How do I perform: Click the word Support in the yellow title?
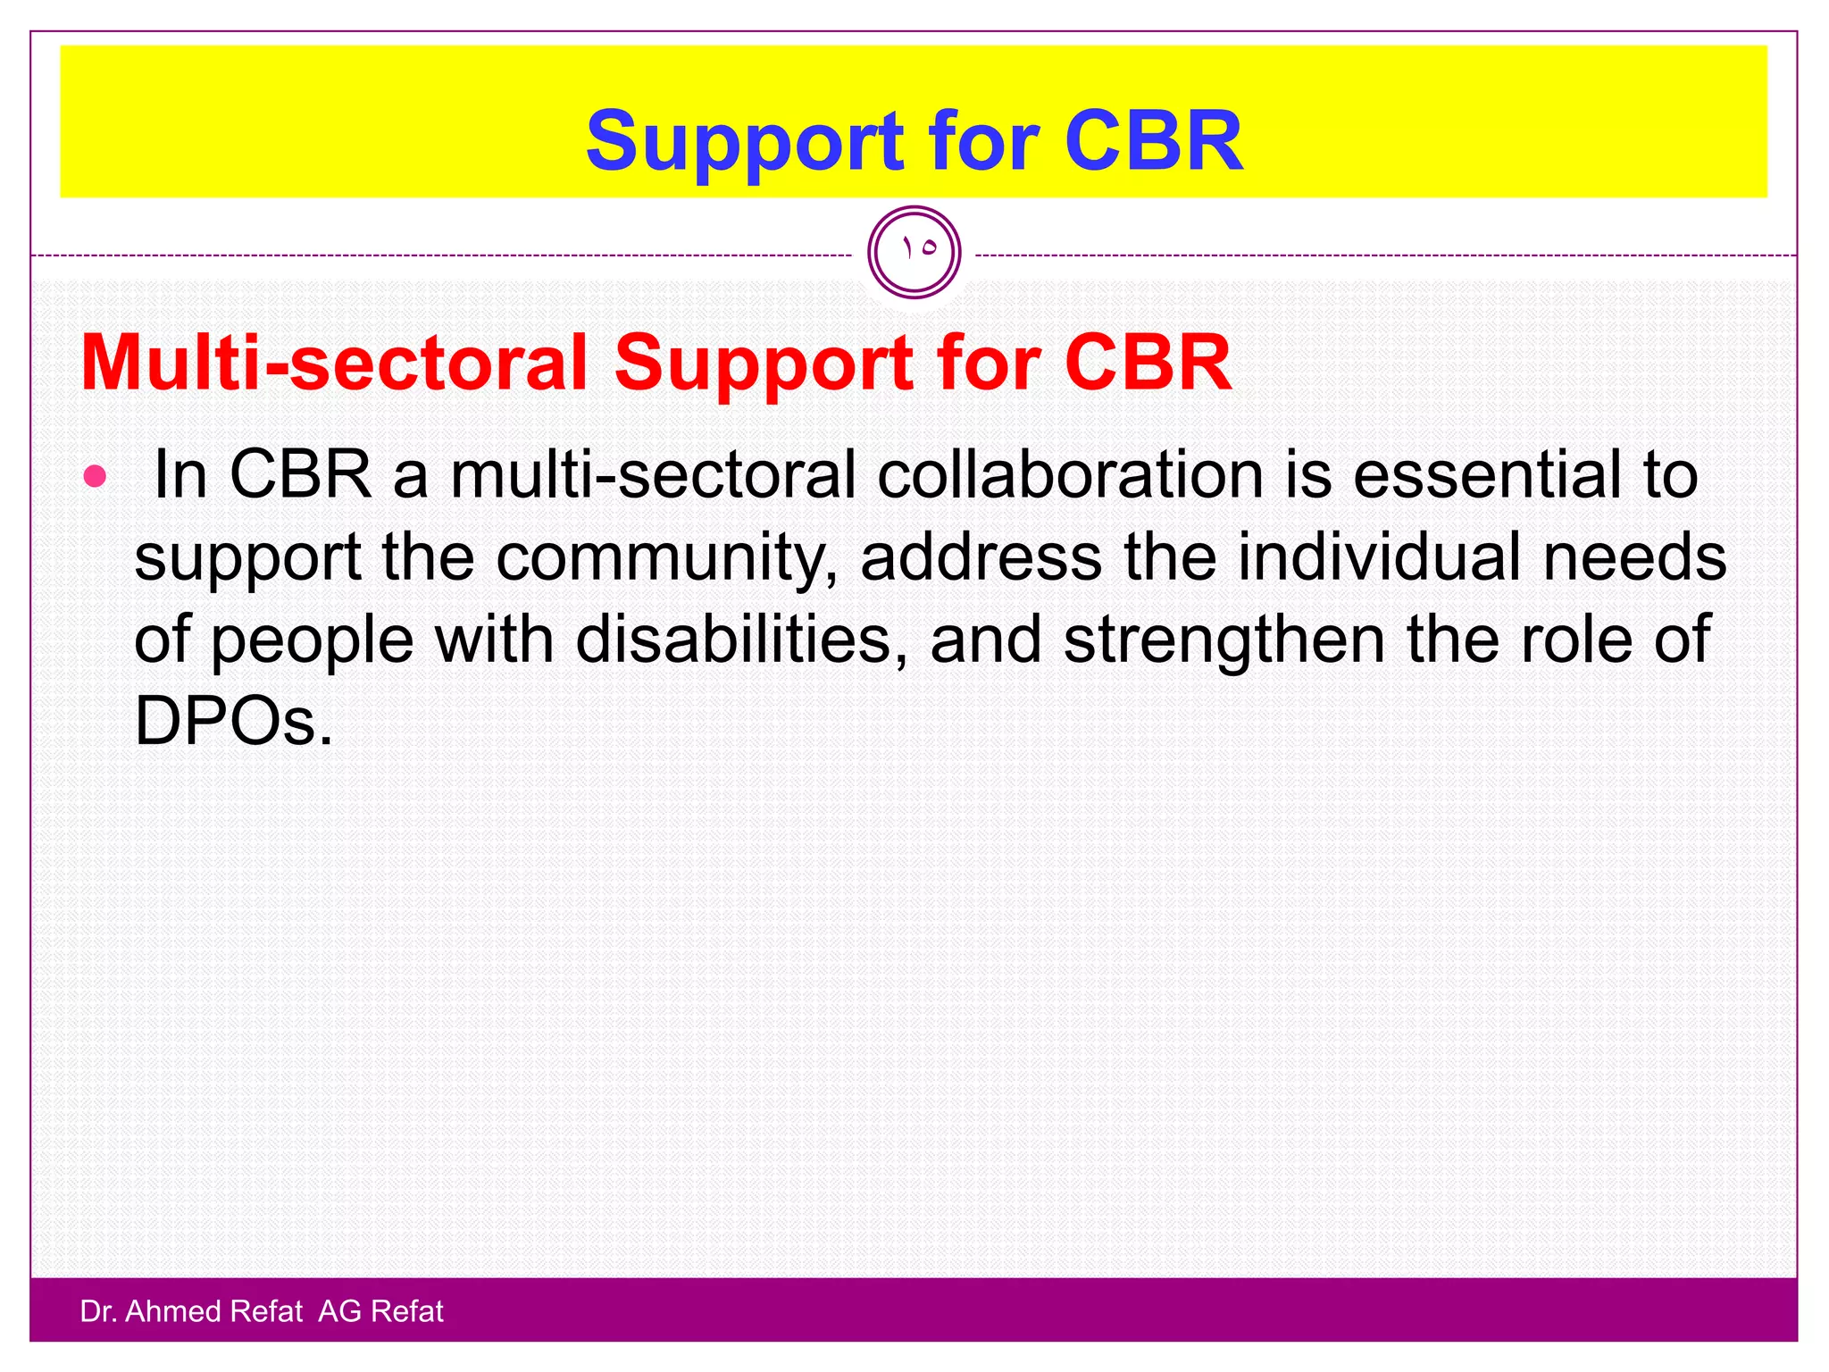coord(745,143)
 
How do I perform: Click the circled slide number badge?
coord(914,252)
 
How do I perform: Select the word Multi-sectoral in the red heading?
coord(334,364)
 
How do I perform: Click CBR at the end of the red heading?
coord(1147,364)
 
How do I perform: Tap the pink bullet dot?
coord(95,476)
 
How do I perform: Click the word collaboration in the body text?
coord(1069,475)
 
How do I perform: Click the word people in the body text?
coord(313,641)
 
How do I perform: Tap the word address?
coord(981,557)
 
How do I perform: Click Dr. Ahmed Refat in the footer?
coord(191,1311)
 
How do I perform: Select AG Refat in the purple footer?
coord(380,1311)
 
